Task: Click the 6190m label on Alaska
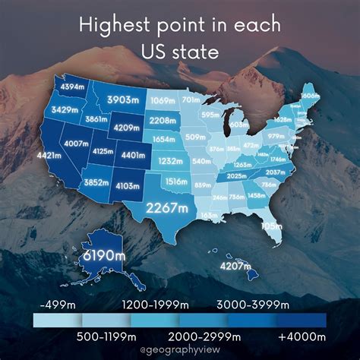point(100,255)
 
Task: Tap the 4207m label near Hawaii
point(235,266)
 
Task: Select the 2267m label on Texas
point(168,207)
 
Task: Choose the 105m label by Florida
point(292,225)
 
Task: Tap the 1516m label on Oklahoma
point(176,182)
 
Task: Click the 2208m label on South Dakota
point(163,120)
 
